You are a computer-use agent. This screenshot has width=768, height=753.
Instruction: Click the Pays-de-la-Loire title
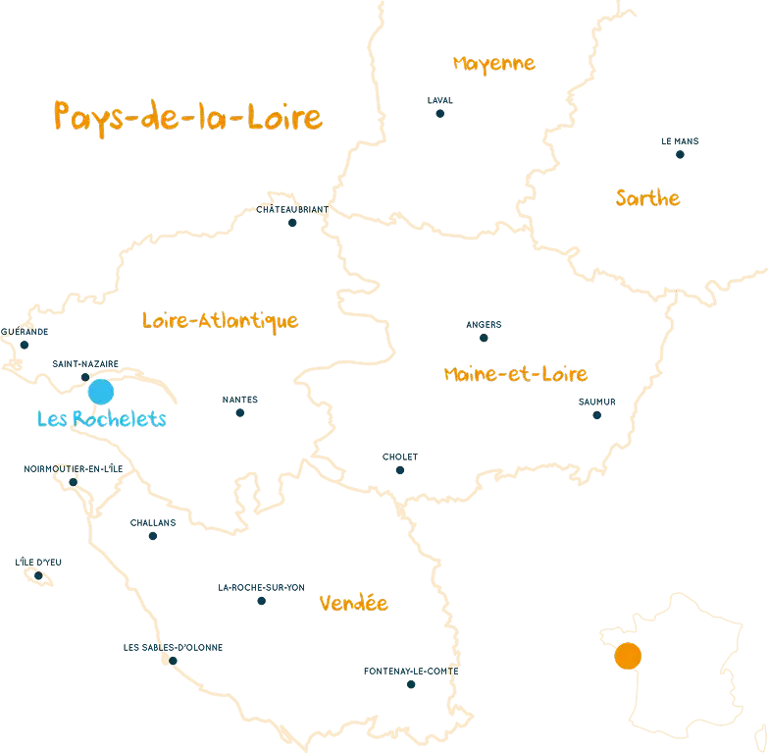pos(187,117)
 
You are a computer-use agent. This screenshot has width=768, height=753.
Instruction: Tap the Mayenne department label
pos(494,64)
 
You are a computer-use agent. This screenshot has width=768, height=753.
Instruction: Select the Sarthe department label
pos(647,198)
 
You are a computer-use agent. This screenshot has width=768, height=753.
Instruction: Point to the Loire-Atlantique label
pos(220,321)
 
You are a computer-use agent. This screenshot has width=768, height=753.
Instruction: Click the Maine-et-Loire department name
pos(515,374)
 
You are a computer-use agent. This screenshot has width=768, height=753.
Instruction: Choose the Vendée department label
pos(354,603)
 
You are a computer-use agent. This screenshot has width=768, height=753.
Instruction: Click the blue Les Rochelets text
pos(101,419)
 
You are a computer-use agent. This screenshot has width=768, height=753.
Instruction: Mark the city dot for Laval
pos(441,113)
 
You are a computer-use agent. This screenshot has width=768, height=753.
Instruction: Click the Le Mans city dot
pos(679,154)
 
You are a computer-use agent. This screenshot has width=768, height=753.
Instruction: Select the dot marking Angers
pos(484,337)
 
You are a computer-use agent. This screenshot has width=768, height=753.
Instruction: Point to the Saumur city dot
pos(596,415)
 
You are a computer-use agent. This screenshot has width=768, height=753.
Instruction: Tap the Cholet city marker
pos(400,470)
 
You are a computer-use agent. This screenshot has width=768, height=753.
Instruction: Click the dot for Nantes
pos(239,413)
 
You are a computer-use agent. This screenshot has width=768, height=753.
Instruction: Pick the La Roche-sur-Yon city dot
pos(261,600)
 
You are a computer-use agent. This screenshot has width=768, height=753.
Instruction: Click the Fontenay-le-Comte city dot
pos(411,683)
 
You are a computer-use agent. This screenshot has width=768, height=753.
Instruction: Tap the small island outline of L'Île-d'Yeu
pos(40,576)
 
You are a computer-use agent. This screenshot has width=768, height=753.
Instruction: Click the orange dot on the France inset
pos(627,655)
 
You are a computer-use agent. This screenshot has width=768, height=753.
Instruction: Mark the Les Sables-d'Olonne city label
pos(174,648)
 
